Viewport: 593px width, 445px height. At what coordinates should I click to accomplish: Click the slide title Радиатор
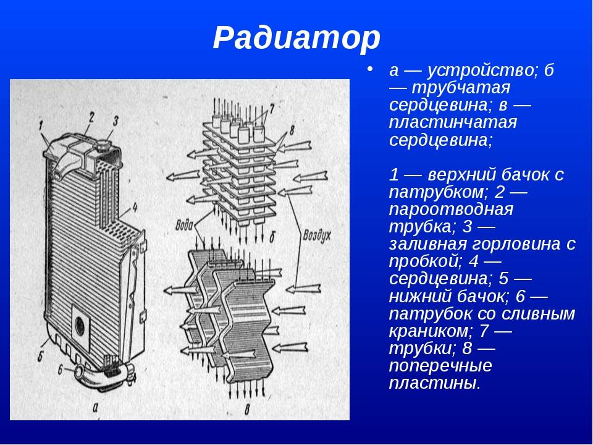tap(296, 38)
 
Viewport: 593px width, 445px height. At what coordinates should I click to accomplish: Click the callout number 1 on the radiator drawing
tap(41, 126)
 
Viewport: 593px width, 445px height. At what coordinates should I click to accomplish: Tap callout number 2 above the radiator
tap(91, 117)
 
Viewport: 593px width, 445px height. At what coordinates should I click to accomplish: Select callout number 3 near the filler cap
tap(116, 121)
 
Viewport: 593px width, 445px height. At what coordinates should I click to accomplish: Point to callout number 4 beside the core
tap(134, 208)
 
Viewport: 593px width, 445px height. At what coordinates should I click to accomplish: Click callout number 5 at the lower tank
tap(40, 356)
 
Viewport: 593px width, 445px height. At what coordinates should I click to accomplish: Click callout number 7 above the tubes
tap(272, 107)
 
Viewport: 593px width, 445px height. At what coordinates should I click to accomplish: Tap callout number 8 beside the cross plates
tap(292, 131)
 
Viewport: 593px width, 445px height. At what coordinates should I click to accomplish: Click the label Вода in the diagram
tap(184, 226)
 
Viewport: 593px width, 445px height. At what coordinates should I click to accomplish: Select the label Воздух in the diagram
tap(316, 235)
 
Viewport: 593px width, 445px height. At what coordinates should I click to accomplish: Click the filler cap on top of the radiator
tap(103, 145)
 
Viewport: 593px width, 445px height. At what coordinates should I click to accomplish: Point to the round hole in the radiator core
tap(80, 326)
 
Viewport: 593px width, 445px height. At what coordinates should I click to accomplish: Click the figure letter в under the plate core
tap(248, 409)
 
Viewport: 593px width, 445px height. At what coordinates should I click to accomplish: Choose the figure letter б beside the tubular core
tap(272, 237)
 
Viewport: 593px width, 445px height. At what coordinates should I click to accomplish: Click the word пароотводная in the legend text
tap(451, 210)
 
